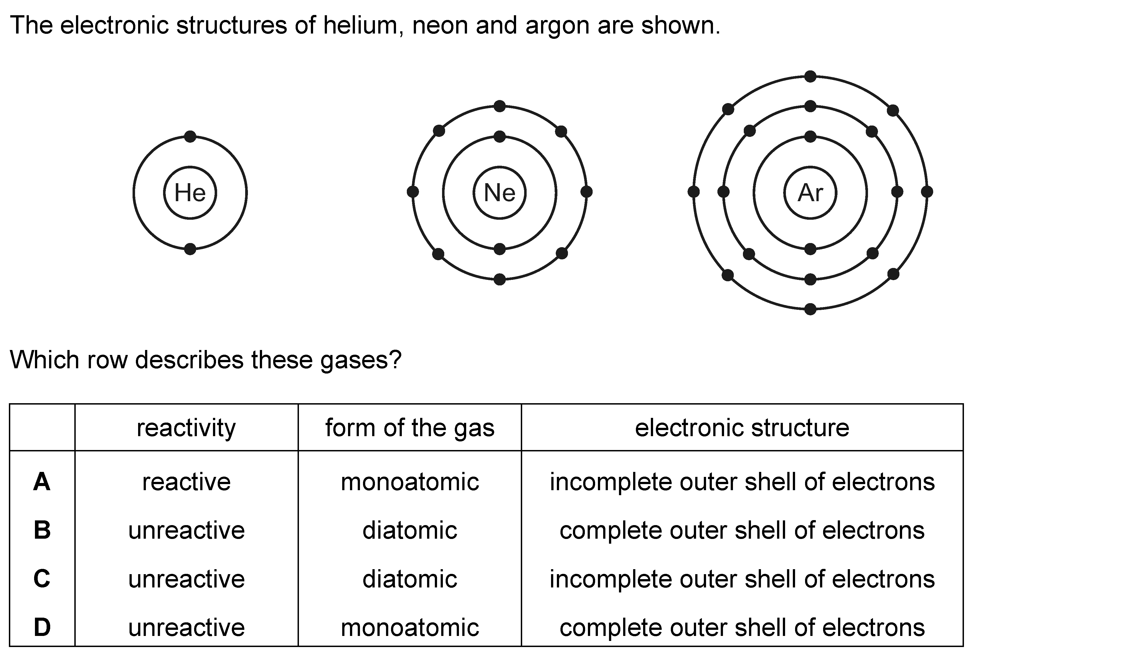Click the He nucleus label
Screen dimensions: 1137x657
pos(190,193)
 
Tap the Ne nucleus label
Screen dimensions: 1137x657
pos(499,193)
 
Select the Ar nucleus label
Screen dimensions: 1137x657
pos(810,193)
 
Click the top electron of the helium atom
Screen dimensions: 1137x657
pos(191,136)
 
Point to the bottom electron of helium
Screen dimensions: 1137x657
pos(191,249)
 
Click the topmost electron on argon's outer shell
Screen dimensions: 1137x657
pos(810,76)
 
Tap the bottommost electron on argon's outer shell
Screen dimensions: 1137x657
pos(810,309)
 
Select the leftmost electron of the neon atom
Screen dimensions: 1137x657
pos(413,192)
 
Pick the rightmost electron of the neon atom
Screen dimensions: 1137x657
pos(587,192)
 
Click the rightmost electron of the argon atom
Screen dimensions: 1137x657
pos(927,192)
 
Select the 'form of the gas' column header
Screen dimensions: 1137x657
pos(410,428)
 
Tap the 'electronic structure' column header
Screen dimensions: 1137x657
pos(742,428)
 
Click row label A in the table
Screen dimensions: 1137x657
pos(42,482)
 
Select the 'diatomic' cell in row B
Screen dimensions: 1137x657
pos(410,530)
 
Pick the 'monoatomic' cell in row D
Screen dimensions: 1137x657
pos(410,628)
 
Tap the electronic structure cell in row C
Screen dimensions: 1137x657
pos(742,579)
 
